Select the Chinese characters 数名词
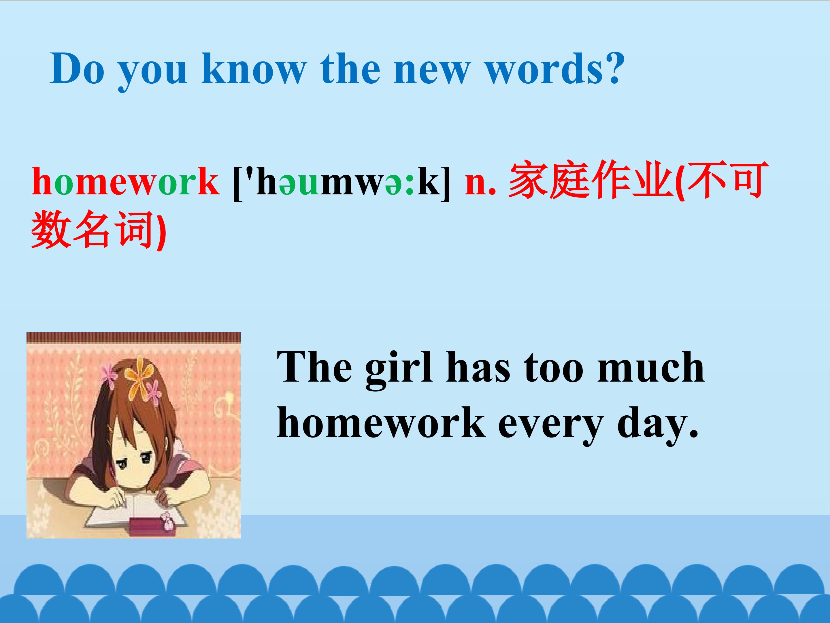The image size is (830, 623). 92,230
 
